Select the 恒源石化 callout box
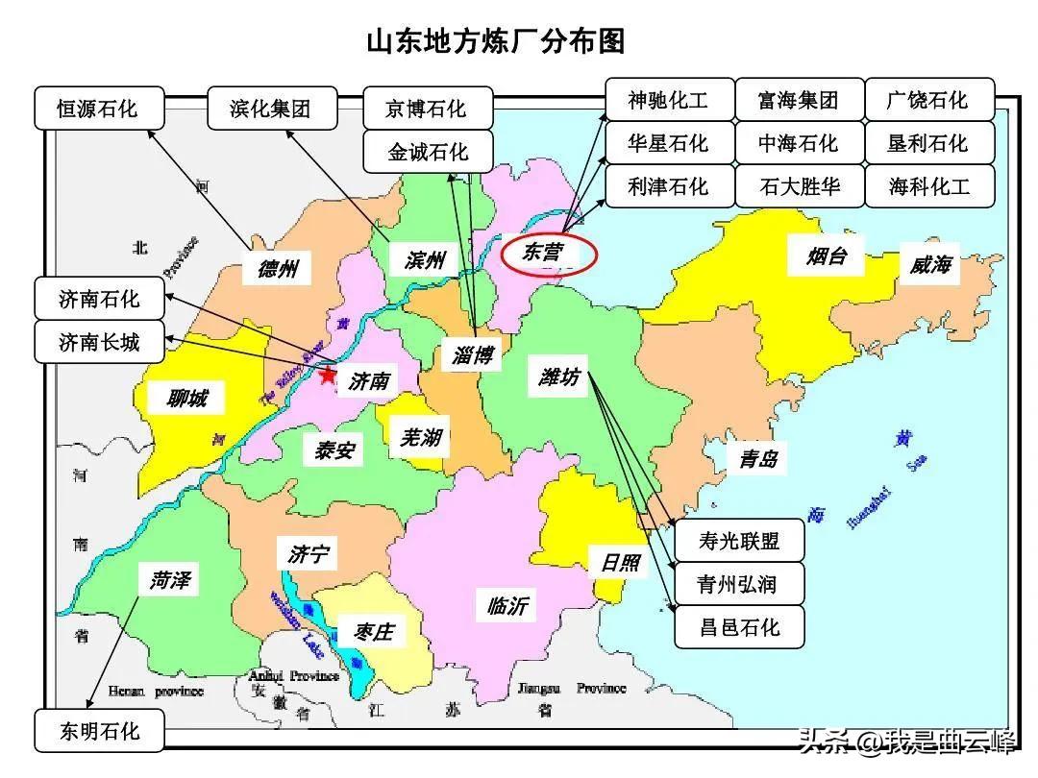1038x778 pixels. pos(97,108)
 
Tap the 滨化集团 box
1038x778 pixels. pos(271,108)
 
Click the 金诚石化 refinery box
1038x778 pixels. pos(428,152)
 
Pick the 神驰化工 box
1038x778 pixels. pos(668,100)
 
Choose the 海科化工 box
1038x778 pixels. pos(929,185)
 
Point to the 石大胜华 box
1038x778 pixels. pos(799,185)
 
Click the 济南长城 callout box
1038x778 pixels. pos(99,342)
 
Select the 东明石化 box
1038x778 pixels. pos(100,732)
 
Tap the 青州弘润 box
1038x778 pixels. pos(739,584)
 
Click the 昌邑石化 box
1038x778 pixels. pos(739,627)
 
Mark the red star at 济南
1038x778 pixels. pos(329,377)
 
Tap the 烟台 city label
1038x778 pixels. pos(825,256)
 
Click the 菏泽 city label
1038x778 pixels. pos(170,580)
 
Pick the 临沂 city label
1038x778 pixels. pos(507,606)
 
